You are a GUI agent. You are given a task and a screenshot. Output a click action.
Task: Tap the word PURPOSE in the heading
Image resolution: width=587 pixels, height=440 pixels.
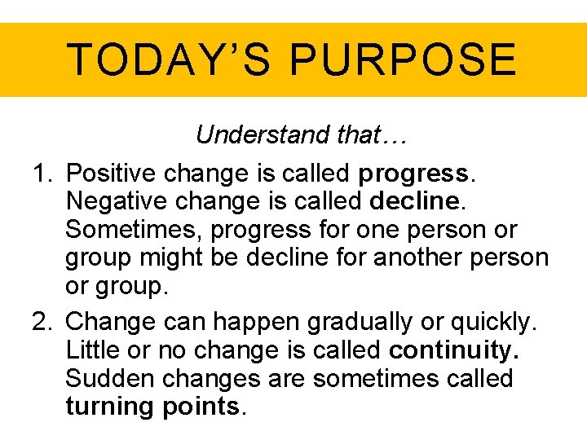[x=403, y=59]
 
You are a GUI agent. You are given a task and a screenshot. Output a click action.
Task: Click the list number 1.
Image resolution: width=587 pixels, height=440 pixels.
[x=41, y=174]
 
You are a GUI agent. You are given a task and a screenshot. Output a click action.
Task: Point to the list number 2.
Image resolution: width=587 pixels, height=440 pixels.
[x=42, y=322]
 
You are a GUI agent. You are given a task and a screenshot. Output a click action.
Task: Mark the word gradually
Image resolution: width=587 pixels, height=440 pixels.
[x=360, y=323]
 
